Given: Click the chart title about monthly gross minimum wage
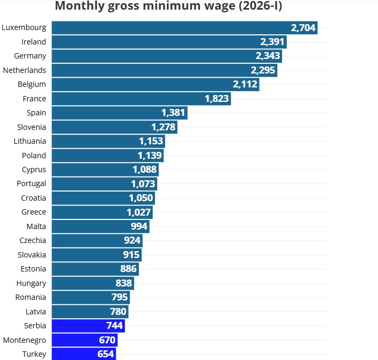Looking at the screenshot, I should [168, 6].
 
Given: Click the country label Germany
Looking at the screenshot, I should [31, 56].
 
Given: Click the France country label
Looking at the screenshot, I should [34, 99].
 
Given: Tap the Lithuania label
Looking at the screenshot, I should [30, 141].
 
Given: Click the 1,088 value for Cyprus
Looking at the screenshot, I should [145, 170].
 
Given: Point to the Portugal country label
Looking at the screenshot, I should [32, 183].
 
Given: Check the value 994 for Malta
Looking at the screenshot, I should [139, 226].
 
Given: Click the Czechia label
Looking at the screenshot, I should [33, 240].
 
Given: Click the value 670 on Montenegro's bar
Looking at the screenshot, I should [106, 340].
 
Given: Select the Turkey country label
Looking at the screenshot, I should [34, 354].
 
